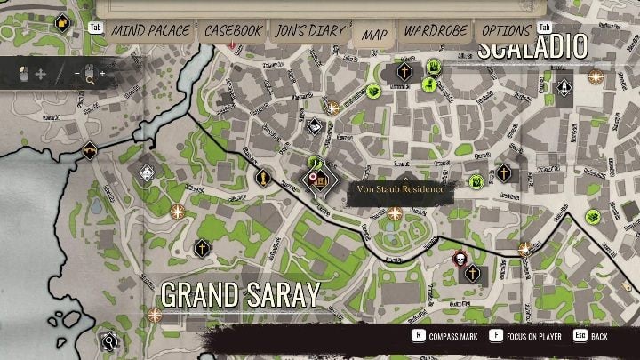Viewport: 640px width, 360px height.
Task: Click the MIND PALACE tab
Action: (x=150, y=31)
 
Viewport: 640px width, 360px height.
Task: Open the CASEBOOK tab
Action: (x=234, y=31)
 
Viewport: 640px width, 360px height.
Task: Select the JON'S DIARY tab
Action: (x=309, y=31)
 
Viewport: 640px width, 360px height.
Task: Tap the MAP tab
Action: (x=374, y=34)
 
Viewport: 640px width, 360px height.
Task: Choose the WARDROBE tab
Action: (x=436, y=31)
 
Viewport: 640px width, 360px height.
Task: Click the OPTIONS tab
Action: (x=507, y=31)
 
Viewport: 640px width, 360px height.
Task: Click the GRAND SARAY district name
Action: (x=240, y=295)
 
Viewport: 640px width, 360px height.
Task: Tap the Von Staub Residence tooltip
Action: (x=393, y=189)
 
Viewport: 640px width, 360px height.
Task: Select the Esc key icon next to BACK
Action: (x=580, y=336)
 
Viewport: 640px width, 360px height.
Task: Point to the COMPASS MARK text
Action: (x=452, y=337)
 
